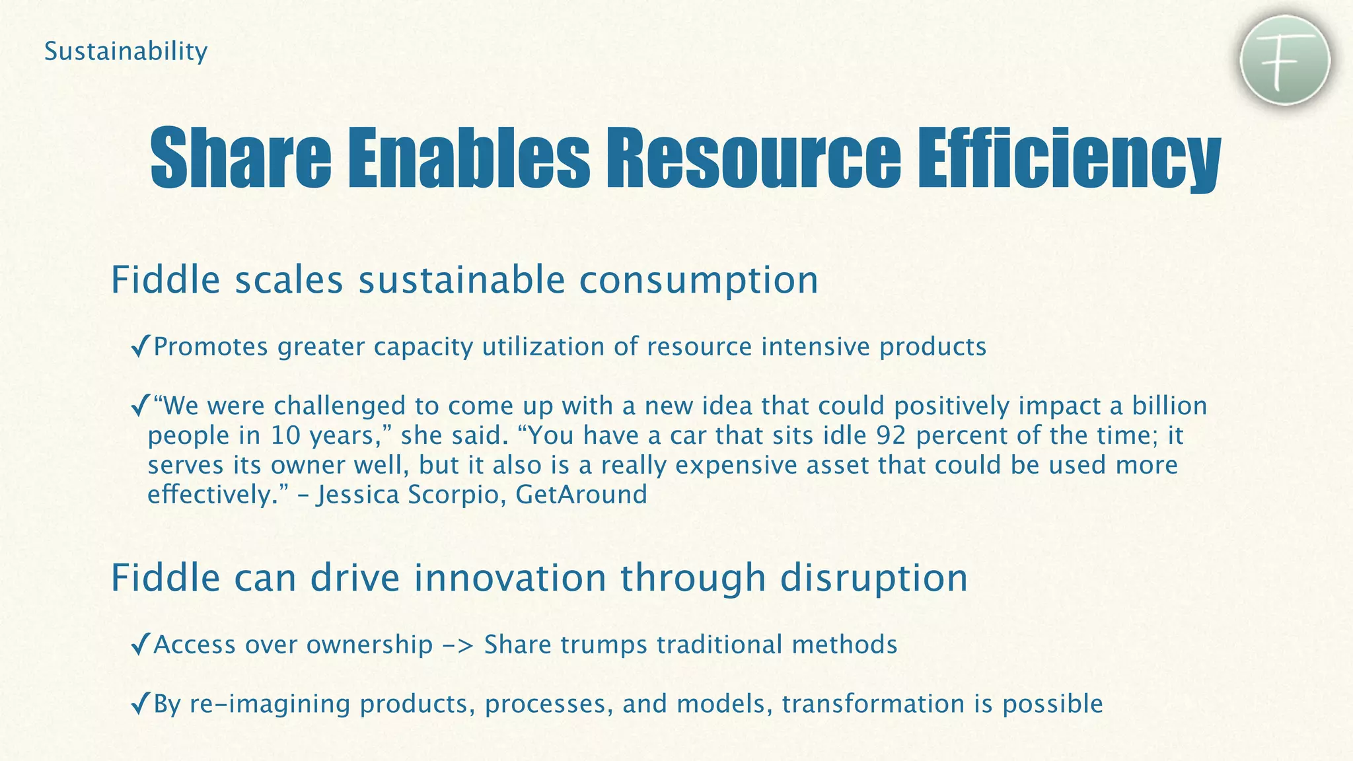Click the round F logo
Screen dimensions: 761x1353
pyautogui.click(x=1284, y=61)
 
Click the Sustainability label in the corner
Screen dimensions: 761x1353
pyautogui.click(x=126, y=52)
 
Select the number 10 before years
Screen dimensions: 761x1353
pyautogui.click(x=285, y=435)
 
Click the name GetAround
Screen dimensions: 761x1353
pyautogui.click(x=581, y=495)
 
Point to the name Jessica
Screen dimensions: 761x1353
pyautogui.click(x=357, y=495)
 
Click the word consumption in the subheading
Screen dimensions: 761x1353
pyautogui.click(x=698, y=281)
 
